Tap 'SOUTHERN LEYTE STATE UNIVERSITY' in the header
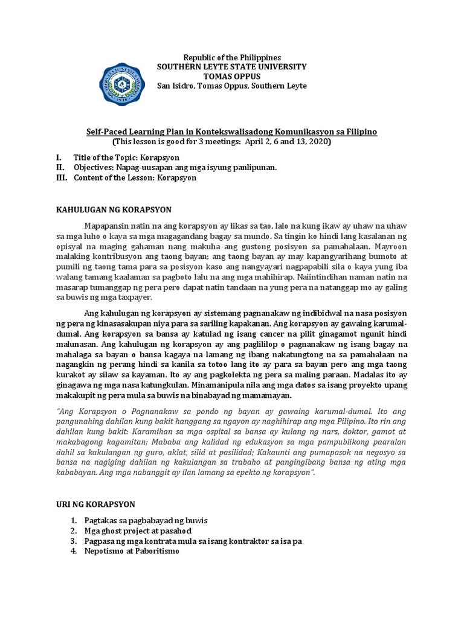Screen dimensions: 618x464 point(231,66)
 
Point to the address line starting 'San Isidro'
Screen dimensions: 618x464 point(231,86)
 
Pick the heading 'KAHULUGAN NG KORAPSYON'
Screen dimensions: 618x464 point(114,209)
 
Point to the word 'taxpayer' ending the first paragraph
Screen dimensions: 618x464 point(138,298)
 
